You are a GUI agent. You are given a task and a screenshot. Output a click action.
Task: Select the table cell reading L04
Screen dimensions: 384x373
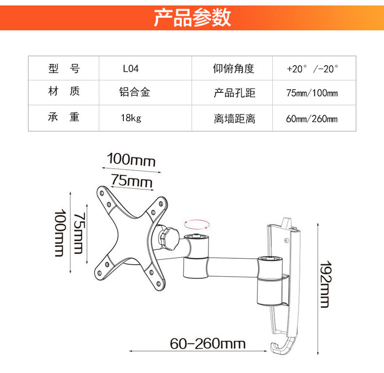(x=130, y=69)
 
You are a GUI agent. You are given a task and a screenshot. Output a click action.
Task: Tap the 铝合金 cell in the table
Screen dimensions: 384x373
(x=134, y=92)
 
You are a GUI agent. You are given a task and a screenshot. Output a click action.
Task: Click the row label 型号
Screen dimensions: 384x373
(x=64, y=69)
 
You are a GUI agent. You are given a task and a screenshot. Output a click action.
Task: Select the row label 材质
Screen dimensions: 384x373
(x=64, y=91)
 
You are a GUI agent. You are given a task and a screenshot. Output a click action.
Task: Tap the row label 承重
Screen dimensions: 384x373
(x=64, y=117)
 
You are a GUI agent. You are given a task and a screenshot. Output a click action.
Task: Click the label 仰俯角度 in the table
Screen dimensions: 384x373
(x=233, y=69)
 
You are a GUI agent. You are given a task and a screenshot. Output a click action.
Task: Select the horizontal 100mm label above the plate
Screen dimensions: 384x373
(x=131, y=159)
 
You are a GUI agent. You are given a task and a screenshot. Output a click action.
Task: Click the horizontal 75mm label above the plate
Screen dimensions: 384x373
(x=131, y=180)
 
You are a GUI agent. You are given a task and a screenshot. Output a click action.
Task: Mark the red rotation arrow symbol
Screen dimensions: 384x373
(x=197, y=223)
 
